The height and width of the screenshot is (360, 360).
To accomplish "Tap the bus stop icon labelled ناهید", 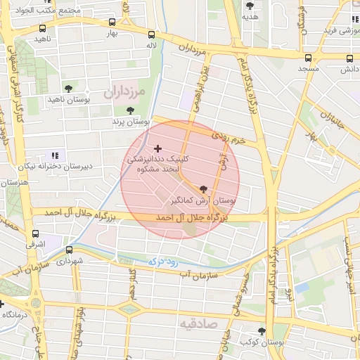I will click(44, 29).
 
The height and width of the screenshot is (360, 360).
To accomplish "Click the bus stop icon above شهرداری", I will click(69, 250).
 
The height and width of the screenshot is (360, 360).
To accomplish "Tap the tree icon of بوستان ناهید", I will click(68, 89).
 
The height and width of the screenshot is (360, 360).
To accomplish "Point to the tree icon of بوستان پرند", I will click(130, 110).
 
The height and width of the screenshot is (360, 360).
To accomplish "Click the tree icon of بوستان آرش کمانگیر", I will click(204, 188).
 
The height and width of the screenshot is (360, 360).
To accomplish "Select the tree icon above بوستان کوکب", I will click(262, 330).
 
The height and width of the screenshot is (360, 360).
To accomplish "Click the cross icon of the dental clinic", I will click(157, 148).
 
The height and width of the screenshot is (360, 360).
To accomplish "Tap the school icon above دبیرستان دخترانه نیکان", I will click(55, 155).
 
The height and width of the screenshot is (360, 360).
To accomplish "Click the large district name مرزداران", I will click(124, 91).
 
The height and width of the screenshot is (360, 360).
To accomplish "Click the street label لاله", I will click(150, 45).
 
